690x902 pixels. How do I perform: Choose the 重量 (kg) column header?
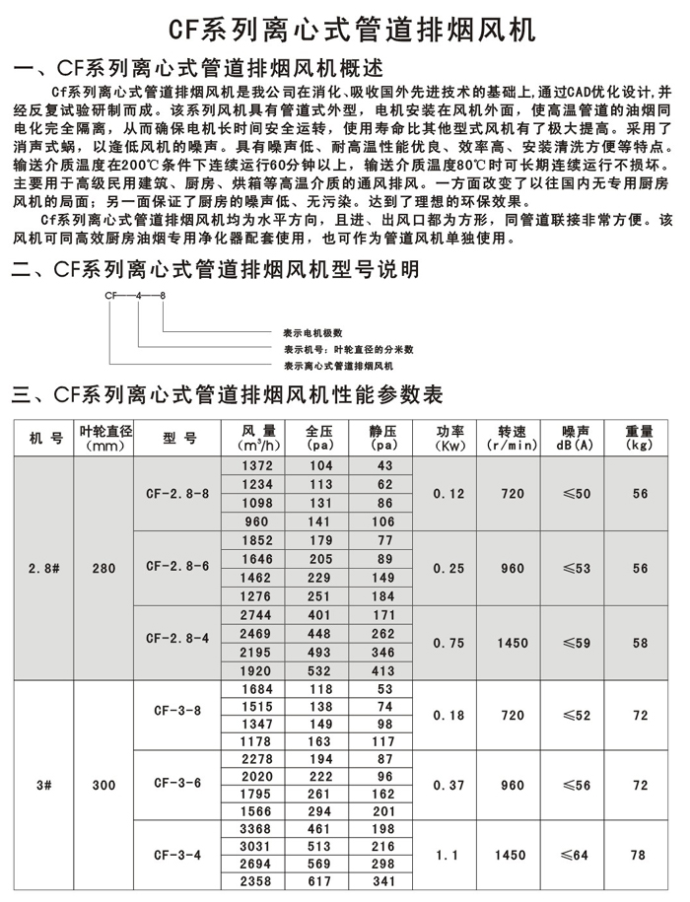[640, 438]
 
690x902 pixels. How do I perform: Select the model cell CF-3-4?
[177, 856]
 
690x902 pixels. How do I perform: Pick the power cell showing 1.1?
[443, 856]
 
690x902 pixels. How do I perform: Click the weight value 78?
[640, 856]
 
